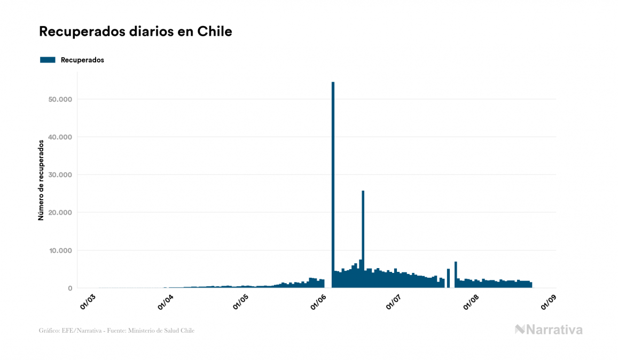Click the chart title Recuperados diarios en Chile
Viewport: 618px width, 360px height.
pos(136,32)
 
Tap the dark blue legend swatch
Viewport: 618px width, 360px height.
pos(48,60)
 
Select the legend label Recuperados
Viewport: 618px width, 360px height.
pos(82,60)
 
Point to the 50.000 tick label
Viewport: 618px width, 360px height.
pos(59,99)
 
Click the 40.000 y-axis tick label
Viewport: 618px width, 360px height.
pos(59,137)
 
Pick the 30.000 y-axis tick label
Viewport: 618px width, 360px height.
pos(59,175)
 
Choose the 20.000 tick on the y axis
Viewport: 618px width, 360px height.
pos(59,213)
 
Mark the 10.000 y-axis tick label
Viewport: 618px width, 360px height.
pos(59,251)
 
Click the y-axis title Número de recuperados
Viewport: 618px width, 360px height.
pos(41,181)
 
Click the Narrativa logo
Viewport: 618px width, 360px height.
pos(549,330)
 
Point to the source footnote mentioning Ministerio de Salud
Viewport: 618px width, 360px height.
pos(116,331)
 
